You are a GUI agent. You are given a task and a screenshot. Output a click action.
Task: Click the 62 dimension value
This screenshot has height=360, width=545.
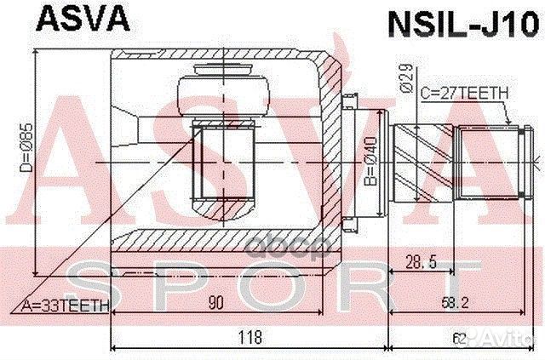point(460,339)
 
